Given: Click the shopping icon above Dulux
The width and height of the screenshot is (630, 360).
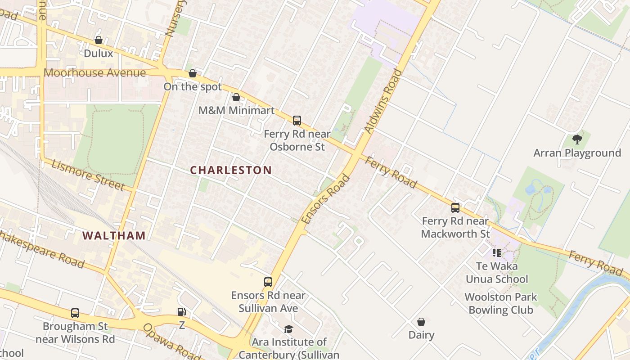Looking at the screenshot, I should point(99,40).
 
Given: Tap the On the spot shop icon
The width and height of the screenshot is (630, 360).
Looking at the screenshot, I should point(193,73).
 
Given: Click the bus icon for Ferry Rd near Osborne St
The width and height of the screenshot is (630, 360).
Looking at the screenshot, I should point(297,121).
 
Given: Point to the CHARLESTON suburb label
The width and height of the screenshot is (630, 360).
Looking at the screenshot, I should point(231,170).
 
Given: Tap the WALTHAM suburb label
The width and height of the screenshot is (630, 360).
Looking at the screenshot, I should point(114,235).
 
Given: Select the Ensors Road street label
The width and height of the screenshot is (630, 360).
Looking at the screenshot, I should point(326,199).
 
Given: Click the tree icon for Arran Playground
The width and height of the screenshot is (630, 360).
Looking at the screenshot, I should point(577,139).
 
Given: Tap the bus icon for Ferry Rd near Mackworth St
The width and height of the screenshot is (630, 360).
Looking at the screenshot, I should point(455,208).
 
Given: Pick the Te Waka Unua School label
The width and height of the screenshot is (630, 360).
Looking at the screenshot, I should point(497,273).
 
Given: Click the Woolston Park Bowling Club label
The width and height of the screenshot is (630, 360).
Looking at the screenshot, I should point(501,303).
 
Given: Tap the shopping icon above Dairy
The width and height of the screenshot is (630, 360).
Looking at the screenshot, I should point(421,322).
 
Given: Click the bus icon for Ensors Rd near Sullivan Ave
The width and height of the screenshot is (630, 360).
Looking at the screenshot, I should point(268,282).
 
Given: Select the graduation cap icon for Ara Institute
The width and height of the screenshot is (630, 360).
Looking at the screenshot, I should point(288,329).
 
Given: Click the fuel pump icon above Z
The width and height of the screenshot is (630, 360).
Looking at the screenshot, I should point(182,312).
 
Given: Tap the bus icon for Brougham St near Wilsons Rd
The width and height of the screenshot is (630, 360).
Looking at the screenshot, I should point(75,313).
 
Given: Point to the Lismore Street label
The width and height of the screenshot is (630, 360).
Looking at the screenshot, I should point(88,175).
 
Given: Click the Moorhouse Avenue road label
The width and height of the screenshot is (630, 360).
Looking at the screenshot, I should point(94,73).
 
